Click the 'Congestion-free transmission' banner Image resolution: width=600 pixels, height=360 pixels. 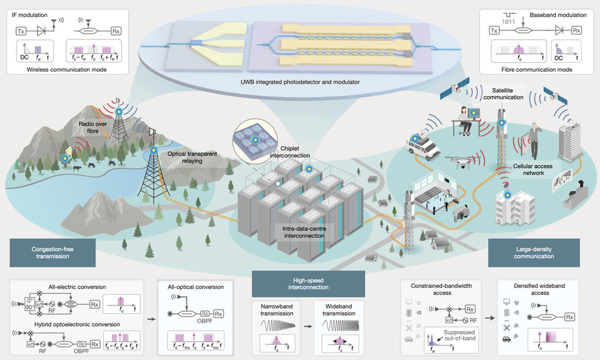click(52, 252)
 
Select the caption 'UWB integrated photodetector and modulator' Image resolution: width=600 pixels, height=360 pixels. click(301, 83)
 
